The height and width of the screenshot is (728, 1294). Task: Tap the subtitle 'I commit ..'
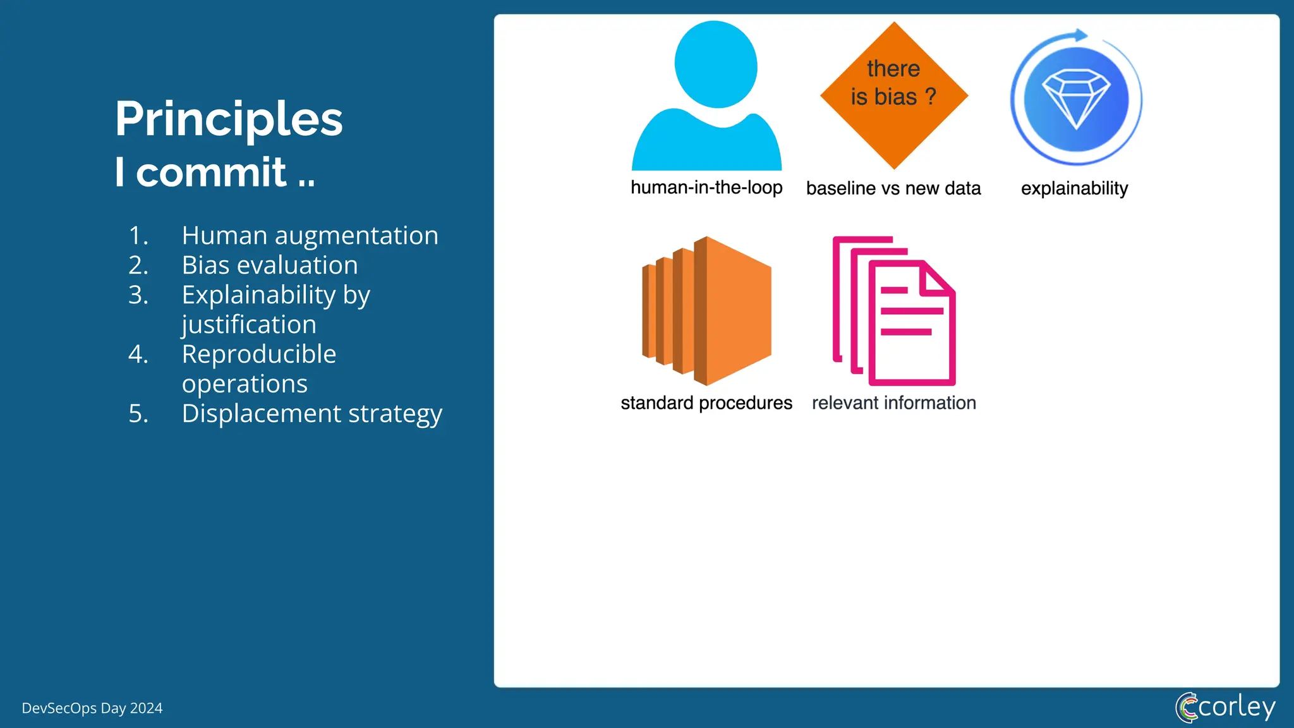click(215, 172)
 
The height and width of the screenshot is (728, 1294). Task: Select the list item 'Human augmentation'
click(310, 236)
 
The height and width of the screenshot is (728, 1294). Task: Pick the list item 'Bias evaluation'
click(270, 265)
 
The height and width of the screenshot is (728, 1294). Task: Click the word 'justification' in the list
click(249, 325)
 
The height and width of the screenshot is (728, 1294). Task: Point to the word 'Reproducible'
click(259, 355)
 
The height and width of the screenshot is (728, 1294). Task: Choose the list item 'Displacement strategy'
click(312, 414)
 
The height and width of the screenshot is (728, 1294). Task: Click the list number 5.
click(138, 414)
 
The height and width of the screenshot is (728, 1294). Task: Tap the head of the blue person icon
click(716, 64)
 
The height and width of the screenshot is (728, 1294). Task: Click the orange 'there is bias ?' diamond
click(894, 95)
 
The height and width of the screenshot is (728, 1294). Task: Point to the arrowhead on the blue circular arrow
click(1081, 35)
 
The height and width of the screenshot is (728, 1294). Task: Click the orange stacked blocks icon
click(706, 311)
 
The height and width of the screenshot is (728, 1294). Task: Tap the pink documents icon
click(894, 311)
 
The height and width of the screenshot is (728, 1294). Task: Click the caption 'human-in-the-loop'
click(706, 188)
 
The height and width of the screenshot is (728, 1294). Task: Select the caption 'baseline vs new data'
click(893, 188)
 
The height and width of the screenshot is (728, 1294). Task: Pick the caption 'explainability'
click(1074, 188)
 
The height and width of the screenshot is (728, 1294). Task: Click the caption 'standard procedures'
click(706, 403)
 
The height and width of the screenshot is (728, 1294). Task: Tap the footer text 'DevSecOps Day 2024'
click(92, 708)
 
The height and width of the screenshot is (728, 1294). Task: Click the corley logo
click(1225, 707)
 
